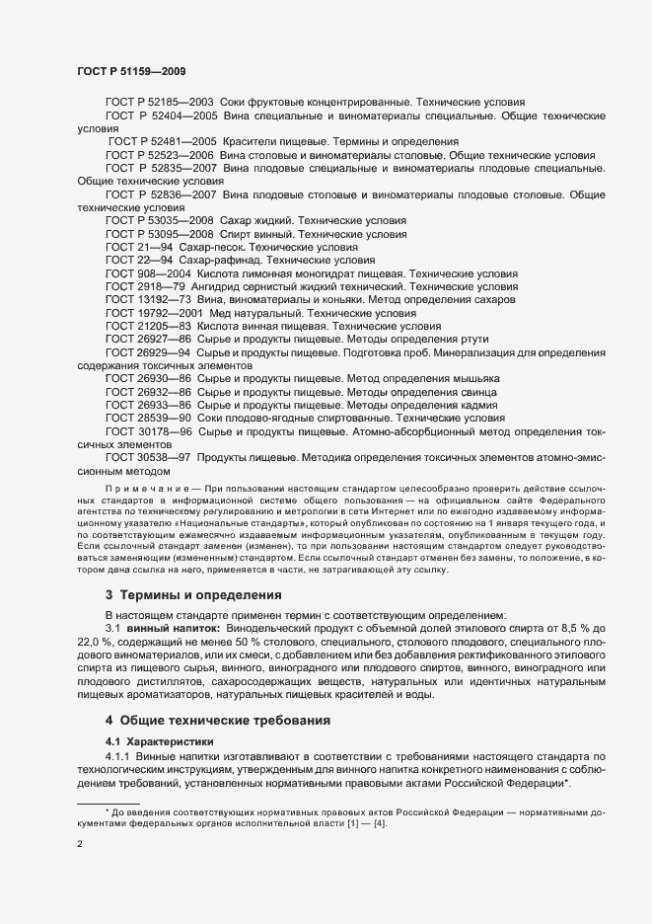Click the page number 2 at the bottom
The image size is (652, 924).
pyautogui.click(x=79, y=846)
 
